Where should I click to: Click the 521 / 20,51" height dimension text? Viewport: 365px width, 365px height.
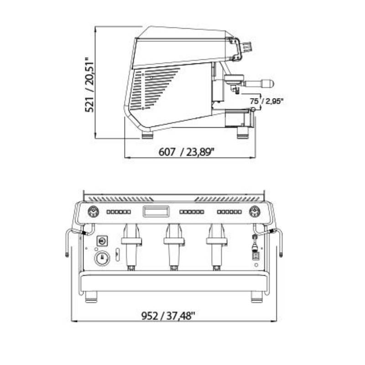(89, 84)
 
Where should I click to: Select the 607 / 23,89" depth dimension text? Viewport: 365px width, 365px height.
(186, 152)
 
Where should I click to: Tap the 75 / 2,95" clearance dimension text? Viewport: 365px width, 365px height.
(267, 101)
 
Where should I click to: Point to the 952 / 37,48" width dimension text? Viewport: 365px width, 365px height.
(168, 316)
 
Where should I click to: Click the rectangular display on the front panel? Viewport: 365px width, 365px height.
(156, 211)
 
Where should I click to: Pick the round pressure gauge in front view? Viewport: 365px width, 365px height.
(102, 258)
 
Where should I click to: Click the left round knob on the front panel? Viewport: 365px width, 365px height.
(93, 212)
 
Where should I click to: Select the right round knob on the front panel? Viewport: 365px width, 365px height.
(255, 212)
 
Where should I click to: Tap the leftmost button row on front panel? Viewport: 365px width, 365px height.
(119, 212)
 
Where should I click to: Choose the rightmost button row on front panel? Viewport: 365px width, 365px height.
(229, 212)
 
